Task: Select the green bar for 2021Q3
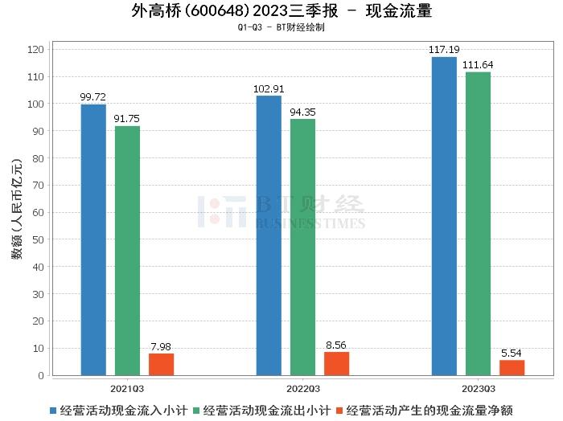tap(127, 251)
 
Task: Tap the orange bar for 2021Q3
tap(161, 364)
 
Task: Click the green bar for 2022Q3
tap(302, 247)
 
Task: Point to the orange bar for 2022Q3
tap(336, 363)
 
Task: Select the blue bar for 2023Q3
tap(444, 216)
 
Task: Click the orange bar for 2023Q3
tap(512, 367)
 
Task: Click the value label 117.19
tap(444, 50)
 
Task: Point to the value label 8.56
tap(336, 345)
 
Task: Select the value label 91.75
tap(127, 119)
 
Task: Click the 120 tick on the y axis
tap(36, 50)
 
